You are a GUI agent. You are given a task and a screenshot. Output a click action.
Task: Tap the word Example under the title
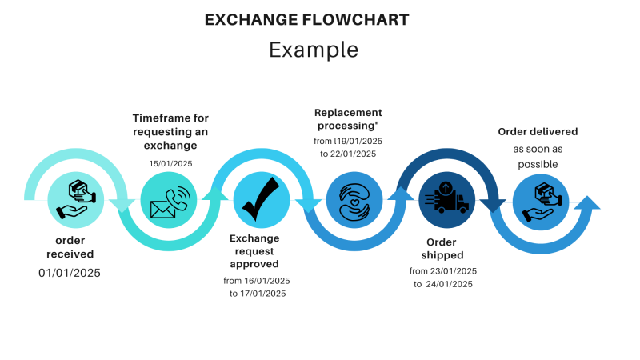click(313, 50)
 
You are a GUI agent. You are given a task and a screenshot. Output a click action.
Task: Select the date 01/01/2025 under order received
click(70, 273)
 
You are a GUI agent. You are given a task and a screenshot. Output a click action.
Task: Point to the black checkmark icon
click(261, 200)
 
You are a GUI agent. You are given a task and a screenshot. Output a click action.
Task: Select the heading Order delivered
click(537, 131)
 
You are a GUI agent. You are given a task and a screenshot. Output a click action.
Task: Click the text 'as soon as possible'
click(537, 156)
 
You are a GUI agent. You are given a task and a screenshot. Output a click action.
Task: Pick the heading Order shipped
click(442, 248)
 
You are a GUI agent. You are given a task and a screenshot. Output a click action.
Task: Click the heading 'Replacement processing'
click(348, 119)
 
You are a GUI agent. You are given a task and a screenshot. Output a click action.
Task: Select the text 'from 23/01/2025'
click(442, 271)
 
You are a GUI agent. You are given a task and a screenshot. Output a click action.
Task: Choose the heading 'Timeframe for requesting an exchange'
click(170, 132)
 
